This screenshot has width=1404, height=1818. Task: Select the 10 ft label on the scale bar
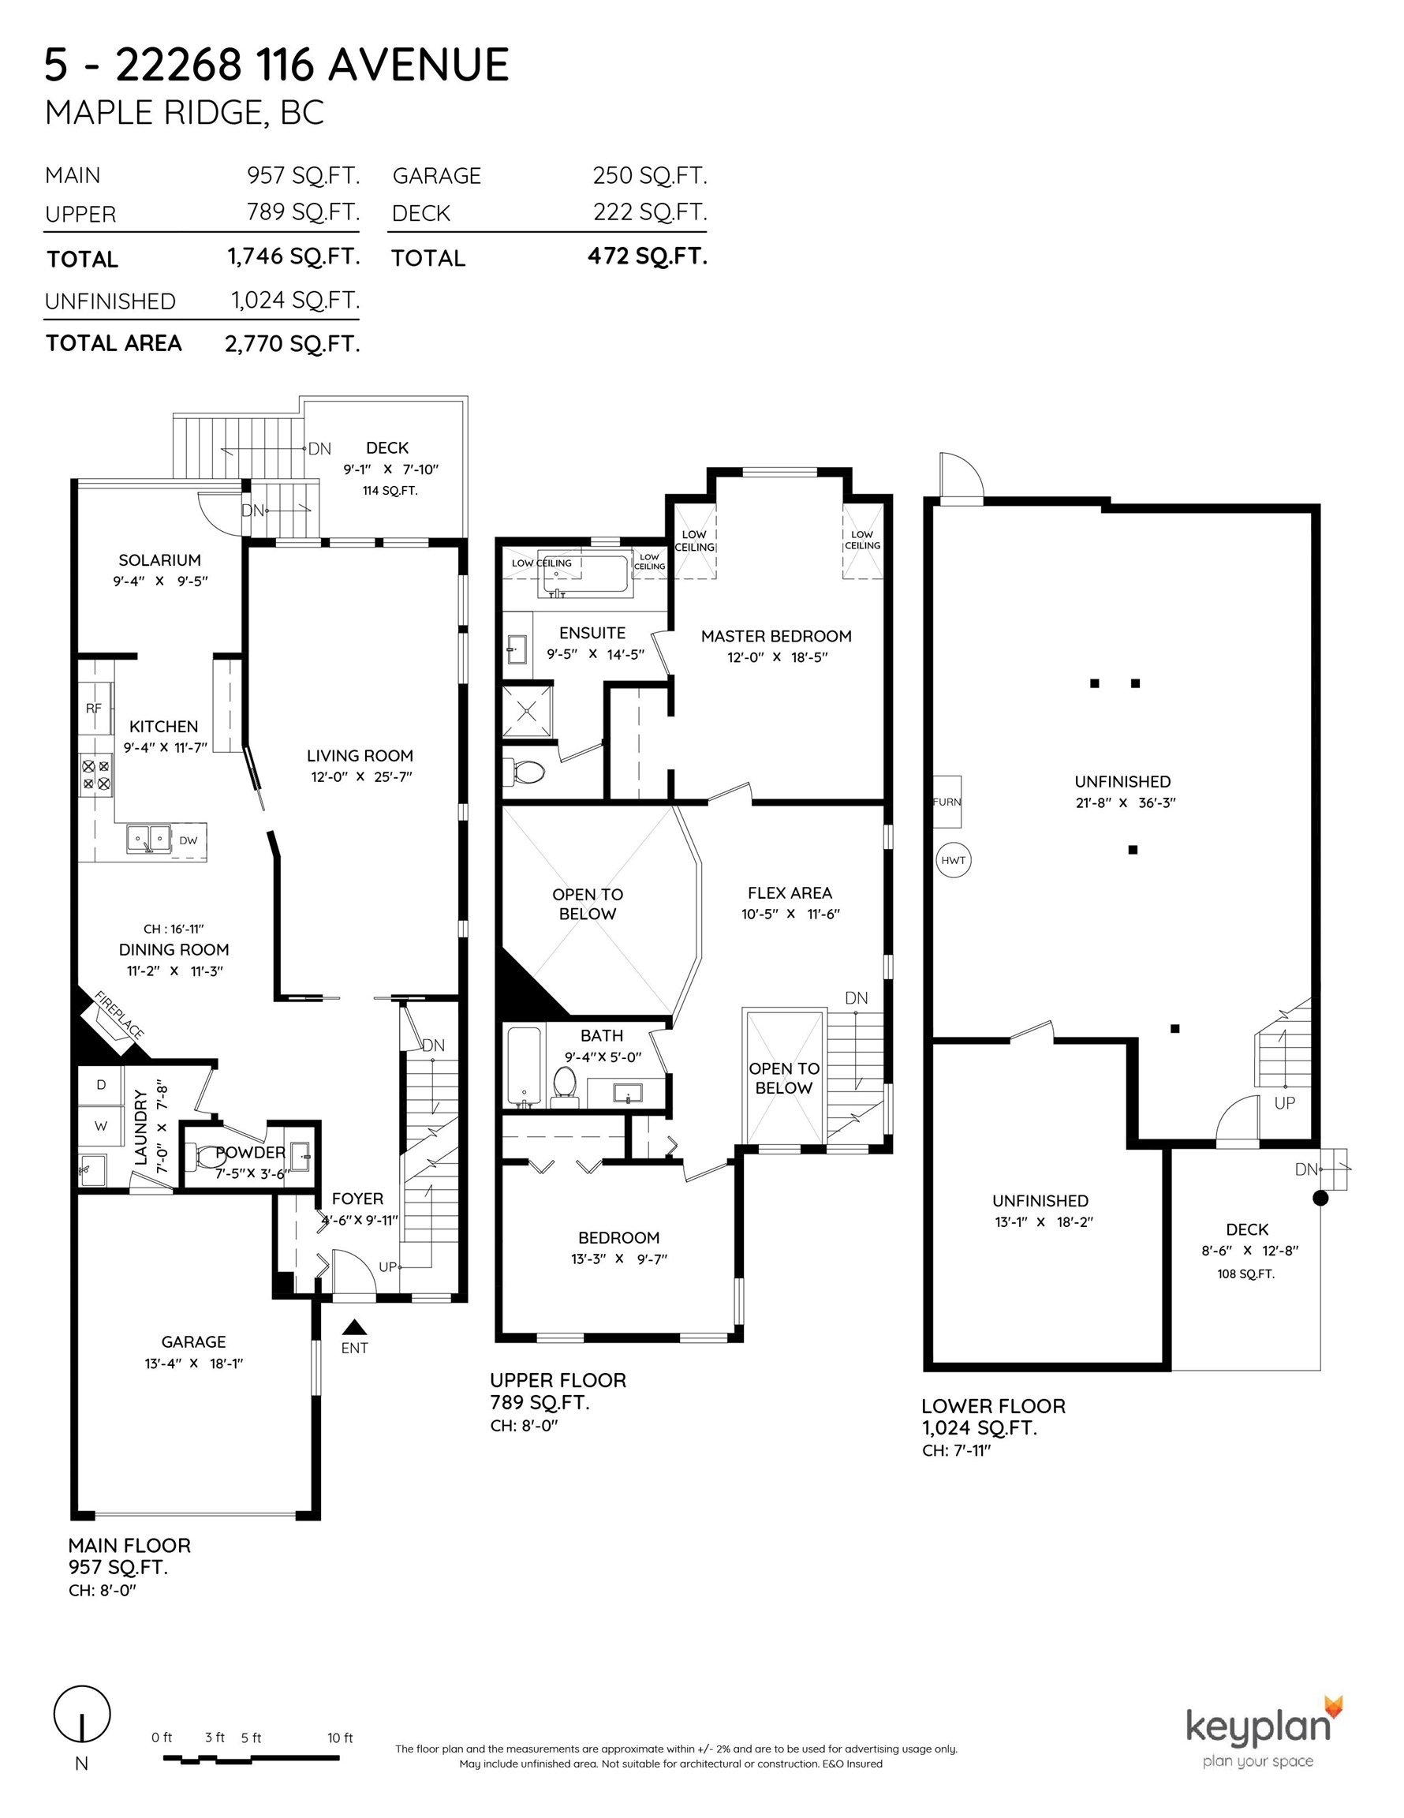pyautogui.click(x=341, y=1738)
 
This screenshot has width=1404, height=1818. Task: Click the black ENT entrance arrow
pyautogui.click(x=354, y=1327)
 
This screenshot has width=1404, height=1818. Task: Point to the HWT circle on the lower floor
pyautogui.click(x=953, y=860)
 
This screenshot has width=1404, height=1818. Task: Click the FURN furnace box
pyautogui.click(x=947, y=802)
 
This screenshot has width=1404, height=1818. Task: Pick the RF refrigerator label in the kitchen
pyautogui.click(x=94, y=709)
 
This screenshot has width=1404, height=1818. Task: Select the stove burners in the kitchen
pyautogui.click(x=95, y=774)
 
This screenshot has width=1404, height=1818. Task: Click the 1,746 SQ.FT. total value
pyautogui.click(x=293, y=256)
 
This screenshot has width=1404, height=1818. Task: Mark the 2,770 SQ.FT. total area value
pyautogui.click(x=292, y=344)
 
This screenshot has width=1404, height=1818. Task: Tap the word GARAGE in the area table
pyautogui.click(x=437, y=177)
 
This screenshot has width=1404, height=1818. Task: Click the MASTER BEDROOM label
pyautogui.click(x=776, y=636)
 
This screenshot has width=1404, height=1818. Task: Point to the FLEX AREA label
pyautogui.click(x=790, y=892)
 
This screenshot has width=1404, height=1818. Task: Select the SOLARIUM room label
pyautogui.click(x=160, y=560)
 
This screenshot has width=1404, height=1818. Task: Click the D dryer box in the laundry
pyautogui.click(x=102, y=1085)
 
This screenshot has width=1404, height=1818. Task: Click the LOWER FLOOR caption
pyautogui.click(x=993, y=1406)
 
